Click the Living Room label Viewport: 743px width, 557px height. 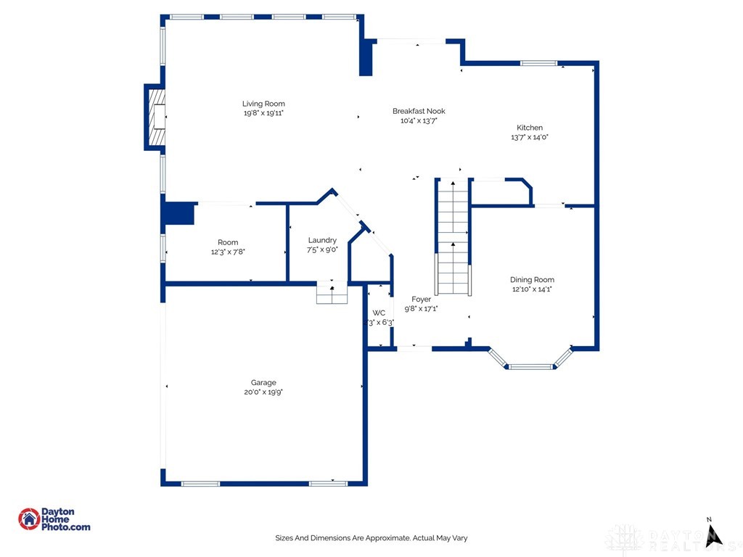263,104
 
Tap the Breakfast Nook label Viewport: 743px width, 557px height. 419,111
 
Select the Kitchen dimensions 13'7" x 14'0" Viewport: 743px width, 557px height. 529,137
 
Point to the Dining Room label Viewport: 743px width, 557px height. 532,279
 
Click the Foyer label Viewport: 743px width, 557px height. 421,299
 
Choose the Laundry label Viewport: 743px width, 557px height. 322,240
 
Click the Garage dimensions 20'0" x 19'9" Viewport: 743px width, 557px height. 263,392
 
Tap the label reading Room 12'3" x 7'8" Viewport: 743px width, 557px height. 228,247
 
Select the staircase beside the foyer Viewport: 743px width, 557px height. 453,237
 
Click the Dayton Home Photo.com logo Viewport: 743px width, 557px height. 54,519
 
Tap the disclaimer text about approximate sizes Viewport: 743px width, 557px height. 371,538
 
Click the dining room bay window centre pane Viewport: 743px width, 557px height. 530,366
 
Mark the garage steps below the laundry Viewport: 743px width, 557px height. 332,294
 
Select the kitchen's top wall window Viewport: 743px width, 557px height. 538,64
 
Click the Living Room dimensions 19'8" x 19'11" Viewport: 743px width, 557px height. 263,113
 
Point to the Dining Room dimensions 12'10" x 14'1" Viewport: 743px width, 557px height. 532,289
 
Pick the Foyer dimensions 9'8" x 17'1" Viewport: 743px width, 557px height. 421,308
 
